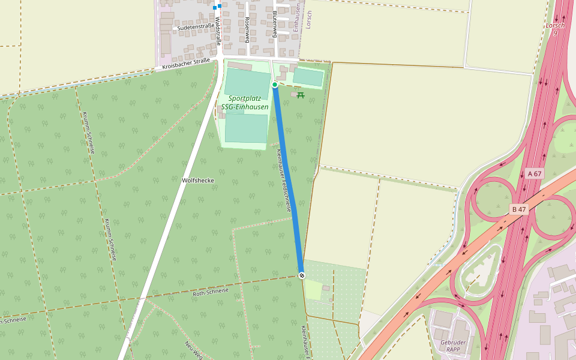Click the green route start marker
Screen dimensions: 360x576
coord(275,85)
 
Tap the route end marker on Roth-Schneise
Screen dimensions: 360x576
coord(302,275)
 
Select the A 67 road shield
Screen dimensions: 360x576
coord(534,174)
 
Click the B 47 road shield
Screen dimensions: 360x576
coord(519,209)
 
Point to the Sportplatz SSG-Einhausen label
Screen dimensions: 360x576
coord(245,103)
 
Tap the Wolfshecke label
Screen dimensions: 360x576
coord(197,180)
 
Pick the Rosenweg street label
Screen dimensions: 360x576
coord(247,29)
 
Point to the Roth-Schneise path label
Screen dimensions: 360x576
coord(211,292)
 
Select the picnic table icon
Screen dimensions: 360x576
coord(301,95)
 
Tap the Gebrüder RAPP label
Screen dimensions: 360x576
coord(454,346)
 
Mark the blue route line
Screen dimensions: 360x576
coord(288,180)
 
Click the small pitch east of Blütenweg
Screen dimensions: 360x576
coord(308,77)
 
